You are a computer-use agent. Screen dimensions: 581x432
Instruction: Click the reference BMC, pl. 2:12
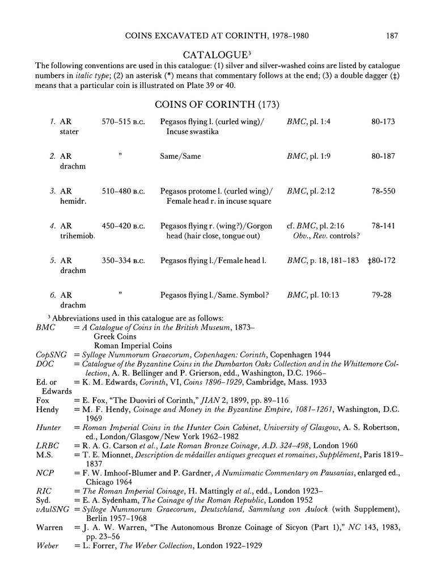point(311,191)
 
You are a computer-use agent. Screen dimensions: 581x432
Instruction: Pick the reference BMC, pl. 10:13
point(311,296)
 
